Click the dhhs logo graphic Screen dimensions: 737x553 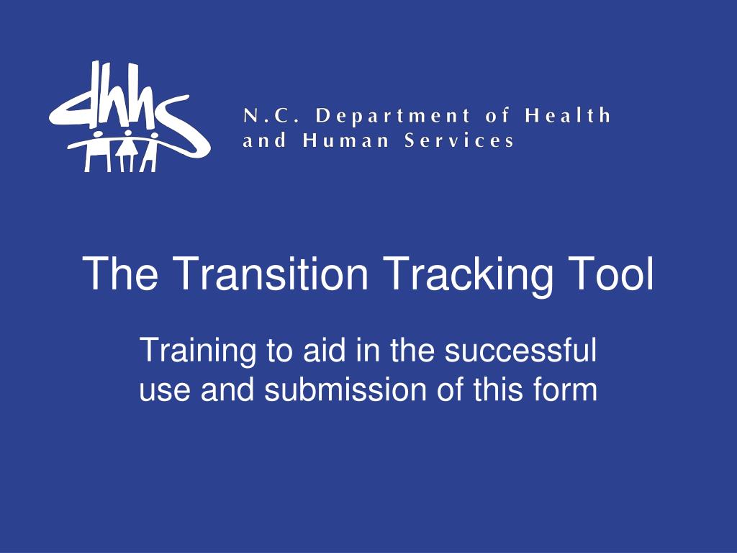(x=130, y=116)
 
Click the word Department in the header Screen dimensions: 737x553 (x=393, y=116)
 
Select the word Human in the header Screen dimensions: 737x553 (x=345, y=140)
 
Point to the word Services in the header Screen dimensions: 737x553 (x=459, y=140)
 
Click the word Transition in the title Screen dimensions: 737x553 (x=272, y=273)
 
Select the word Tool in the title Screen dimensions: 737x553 (x=612, y=273)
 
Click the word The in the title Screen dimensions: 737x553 (x=120, y=273)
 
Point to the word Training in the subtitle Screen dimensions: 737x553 (x=198, y=351)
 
